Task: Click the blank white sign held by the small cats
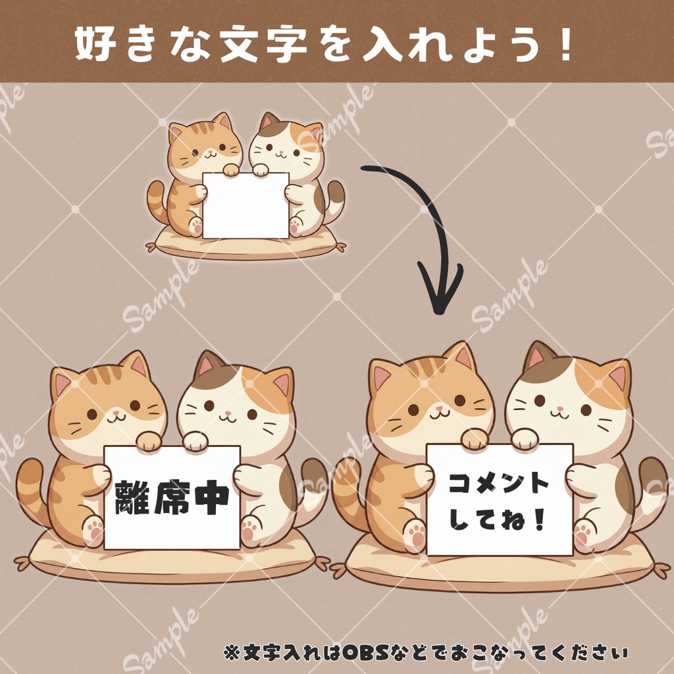(x=246, y=205)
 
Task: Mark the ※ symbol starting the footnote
(x=230, y=653)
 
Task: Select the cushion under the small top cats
(x=246, y=246)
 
